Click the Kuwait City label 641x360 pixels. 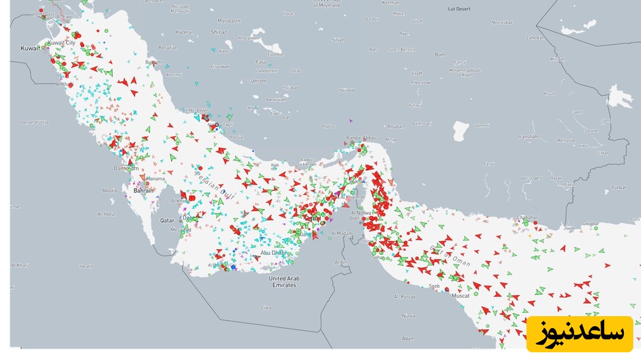tap(62, 43)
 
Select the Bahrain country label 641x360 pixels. tap(143, 190)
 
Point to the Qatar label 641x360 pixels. tap(167, 220)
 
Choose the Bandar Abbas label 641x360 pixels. tap(361, 138)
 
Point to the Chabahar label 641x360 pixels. tap(526, 218)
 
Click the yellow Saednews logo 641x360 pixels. tap(579, 334)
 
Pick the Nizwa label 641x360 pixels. tap(408, 317)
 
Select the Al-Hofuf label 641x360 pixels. tap(107, 214)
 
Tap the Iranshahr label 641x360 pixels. tap(529, 136)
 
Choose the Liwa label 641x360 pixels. tap(266, 308)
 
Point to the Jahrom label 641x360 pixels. tap(258, 81)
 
